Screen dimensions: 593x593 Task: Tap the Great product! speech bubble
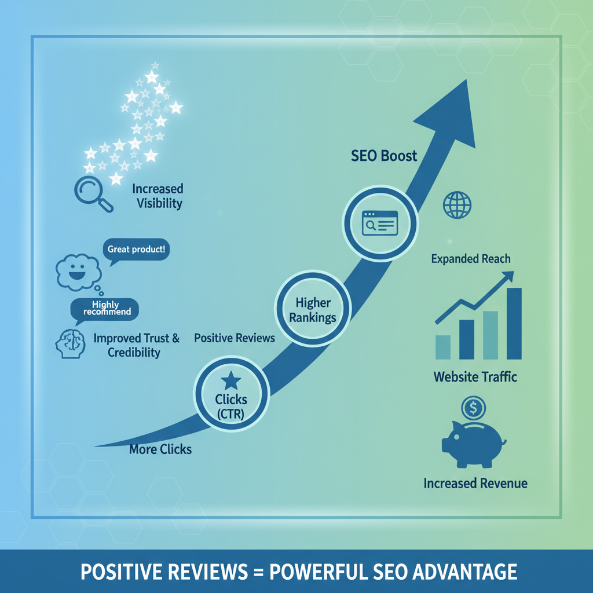[x=136, y=249]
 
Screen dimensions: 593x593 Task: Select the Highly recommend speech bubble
[x=105, y=309]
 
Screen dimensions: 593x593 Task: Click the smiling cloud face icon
[x=79, y=272]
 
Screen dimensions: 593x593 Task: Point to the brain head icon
[x=70, y=343]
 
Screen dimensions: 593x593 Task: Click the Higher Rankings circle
[x=313, y=308]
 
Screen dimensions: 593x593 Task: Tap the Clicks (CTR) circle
[x=231, y=393]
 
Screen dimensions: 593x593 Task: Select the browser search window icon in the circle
[x=380, y=223]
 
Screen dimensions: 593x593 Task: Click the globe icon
[x=457, y=205]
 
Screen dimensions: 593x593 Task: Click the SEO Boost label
[x=384, y=156]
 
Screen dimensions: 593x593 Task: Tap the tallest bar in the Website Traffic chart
[x=514, y=323]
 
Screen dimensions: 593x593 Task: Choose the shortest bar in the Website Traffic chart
[x=443, y=347]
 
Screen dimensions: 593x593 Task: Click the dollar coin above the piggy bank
[x=473, y=408]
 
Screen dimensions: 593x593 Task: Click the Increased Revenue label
[x=475, y=484]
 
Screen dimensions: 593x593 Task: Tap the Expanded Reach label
[x=471, y=259]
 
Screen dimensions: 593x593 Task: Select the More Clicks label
[x=160, y=449]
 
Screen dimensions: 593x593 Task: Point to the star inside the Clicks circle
[x=231, y=380]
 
